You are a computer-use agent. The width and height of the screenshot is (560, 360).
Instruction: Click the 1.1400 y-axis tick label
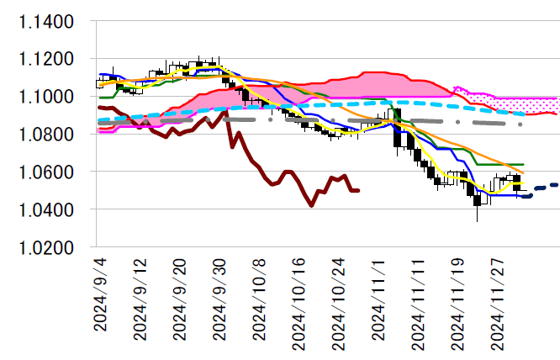click(47, 22)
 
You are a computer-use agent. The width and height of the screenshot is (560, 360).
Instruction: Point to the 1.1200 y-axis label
click(47, 60)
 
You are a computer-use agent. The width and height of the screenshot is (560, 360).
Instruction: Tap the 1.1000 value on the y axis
click(47, 98)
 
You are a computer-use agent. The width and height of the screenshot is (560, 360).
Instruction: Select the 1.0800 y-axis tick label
click(47, 135)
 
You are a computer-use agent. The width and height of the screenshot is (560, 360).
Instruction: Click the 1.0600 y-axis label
click(47, 172)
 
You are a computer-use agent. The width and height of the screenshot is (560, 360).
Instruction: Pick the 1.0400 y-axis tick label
click(47, 210)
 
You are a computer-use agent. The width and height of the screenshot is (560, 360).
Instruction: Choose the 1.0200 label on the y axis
click(47, 247)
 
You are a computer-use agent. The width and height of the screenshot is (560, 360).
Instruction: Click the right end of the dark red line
click(358, 190)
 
